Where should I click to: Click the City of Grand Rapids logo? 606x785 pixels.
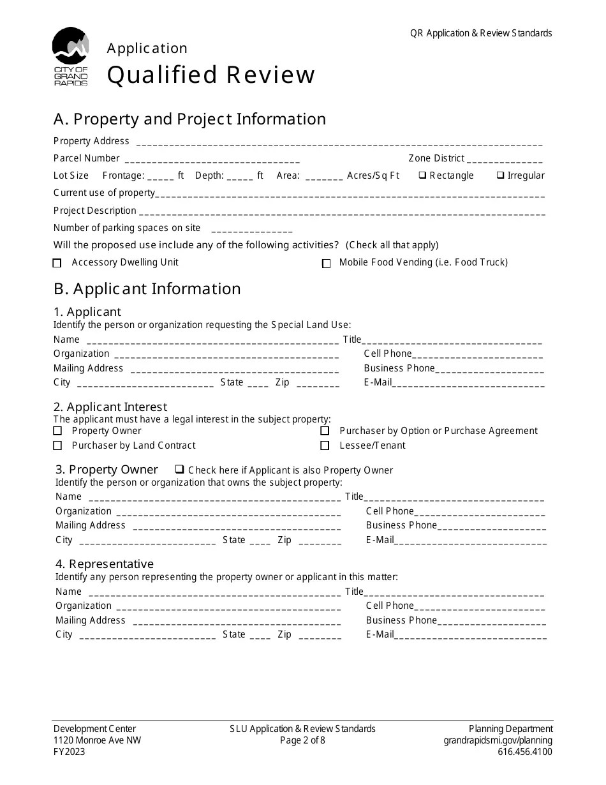click(x=70, y=56)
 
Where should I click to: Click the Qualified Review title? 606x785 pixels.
click(x=211, y=75)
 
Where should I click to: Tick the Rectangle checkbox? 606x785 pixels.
click(x=422, y=176)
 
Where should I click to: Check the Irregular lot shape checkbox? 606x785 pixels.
click(x=501, y=176)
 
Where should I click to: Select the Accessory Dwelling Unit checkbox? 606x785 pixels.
click(x=57, y=263)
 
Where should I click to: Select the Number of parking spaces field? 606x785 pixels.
click(x=251, y=230)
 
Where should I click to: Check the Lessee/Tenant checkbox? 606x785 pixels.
click(x=325, y=445)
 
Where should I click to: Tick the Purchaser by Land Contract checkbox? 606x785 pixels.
click(x=57, y=445)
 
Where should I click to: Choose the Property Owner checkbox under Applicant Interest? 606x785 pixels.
click(x=57, y=431)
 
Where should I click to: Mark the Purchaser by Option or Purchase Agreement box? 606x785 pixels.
click(x=325, y=431)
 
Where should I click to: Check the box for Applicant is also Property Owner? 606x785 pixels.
click(x=179, y=470)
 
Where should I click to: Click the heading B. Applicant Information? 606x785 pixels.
click(x=147, y=288)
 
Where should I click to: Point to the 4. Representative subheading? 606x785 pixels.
click(x=105, y=564)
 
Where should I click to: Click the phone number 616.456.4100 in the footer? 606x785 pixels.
click(x=525, y=752)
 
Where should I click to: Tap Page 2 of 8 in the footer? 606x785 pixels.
click(x=302, y=740)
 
